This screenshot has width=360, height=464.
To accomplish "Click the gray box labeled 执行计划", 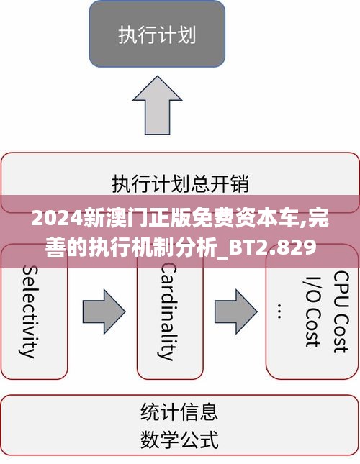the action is tap(157, 34).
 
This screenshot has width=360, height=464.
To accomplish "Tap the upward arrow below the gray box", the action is tap(157, 105).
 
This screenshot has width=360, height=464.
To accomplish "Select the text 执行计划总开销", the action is tap(180, 183).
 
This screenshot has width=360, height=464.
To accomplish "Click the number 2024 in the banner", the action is tap(57, 219).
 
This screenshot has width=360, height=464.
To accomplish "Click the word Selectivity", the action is tap(30, 311).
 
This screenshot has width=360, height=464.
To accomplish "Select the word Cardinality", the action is tap(168, 311).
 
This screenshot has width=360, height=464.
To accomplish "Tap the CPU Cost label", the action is tap(341, 311).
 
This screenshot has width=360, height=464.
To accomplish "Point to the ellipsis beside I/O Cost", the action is tap(279, 311).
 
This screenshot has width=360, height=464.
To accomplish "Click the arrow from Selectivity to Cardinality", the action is tap(104, 311).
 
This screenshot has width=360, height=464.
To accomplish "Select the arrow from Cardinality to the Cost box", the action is tap(236, 311).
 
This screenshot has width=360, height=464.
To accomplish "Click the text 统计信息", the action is tap(179, 411).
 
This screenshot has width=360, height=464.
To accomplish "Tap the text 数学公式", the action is tap(179, 439).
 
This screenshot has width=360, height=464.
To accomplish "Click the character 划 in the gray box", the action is tap(186, 35).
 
